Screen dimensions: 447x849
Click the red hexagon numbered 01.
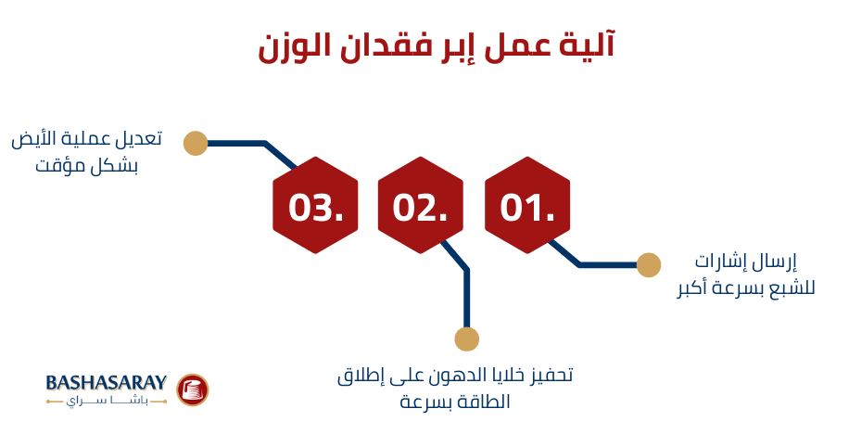pos(527,206)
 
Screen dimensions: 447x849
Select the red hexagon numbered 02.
pos(420,206)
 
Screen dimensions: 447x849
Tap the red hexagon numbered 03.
pos(315,206)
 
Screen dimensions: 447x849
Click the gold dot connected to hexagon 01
pos(649,265)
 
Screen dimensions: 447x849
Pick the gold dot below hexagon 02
pos(467,339)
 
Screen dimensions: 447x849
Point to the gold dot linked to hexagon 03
pos(196,143)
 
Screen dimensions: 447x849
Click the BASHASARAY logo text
pos(106,382)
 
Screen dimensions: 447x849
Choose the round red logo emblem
pos(193,390)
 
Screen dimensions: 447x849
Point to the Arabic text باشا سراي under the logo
pos(106,402)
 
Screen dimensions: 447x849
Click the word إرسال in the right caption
pos(774,262)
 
